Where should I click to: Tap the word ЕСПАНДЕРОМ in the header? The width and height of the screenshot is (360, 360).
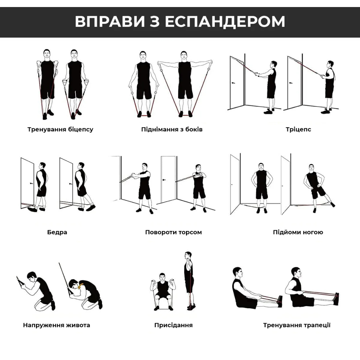225,22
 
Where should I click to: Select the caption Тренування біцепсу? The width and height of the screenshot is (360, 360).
60,129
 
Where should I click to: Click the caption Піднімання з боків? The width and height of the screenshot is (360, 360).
172,129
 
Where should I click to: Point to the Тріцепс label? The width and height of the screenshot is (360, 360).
298,129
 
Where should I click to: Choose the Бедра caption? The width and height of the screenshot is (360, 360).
57,232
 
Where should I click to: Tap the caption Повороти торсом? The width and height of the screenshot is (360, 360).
173,232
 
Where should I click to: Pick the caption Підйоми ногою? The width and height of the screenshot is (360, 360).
298,232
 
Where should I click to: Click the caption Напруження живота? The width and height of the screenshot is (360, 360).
57,325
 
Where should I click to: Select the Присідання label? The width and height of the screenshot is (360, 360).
173,325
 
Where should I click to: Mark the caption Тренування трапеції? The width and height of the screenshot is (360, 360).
297,325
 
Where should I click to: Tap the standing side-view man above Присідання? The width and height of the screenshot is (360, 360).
189,279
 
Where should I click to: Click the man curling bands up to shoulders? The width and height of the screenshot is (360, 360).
47,81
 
